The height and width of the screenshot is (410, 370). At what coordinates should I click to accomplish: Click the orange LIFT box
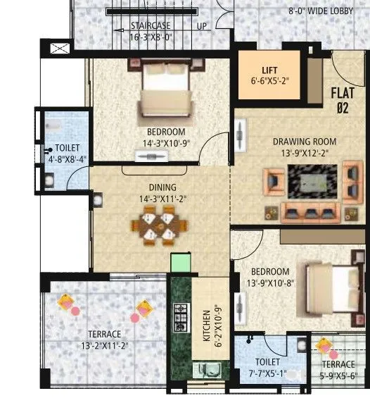coord(269,75)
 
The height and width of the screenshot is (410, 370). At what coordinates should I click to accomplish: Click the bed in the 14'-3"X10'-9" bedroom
coord(165,94)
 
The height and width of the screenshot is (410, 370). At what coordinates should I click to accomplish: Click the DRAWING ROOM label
coord(305,141)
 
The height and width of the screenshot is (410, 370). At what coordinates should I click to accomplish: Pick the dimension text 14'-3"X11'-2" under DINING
coord(161,199)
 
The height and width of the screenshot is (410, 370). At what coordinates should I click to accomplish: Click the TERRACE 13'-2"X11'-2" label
coord(104,340)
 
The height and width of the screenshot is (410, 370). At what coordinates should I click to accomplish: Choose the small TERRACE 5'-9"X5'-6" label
coord(338,370)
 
